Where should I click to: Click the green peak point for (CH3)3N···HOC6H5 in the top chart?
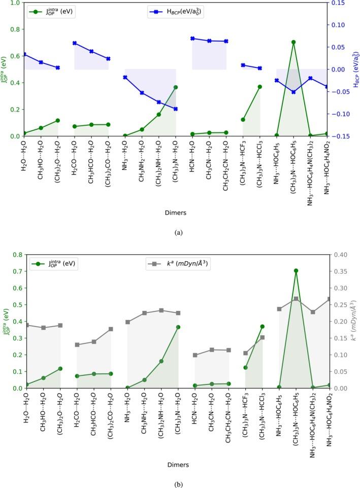point(293,42)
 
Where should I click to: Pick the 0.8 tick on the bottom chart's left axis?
point(17,255)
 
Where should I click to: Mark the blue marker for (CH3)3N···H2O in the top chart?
point(176,109)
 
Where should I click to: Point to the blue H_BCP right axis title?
point(355,69)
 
